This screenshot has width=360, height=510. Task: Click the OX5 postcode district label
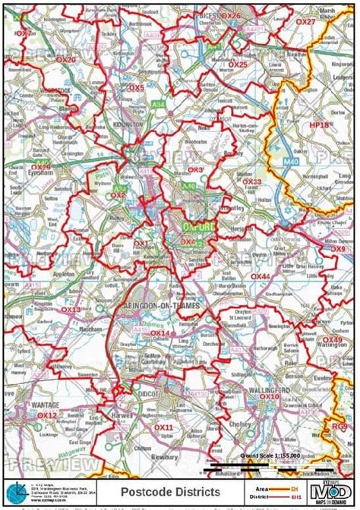point(137,88)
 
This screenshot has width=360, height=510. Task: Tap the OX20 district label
point(67,59)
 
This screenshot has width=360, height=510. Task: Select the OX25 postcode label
point(238,65)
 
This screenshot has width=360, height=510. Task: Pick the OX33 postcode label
point(252,182)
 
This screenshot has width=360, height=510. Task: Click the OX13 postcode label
point(70,310)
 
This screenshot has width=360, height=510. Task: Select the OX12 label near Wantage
point(47,416)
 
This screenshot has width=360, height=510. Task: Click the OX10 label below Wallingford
point(270,396)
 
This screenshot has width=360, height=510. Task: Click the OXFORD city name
point(199,226)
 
